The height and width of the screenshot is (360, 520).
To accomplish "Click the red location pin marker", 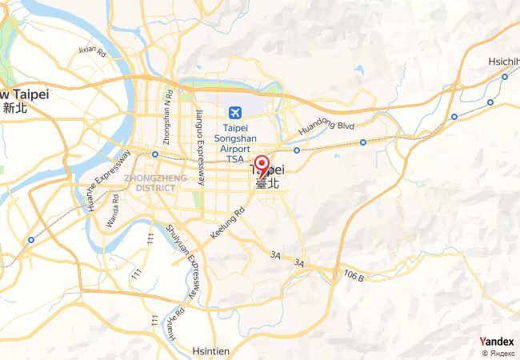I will [262, 165].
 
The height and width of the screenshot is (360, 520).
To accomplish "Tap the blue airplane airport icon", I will [235, 112].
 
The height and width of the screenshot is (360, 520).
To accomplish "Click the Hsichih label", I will [504, 61].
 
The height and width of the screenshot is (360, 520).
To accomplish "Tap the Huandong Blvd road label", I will [326, 126].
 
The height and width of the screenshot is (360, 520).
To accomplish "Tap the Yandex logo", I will [497, 342].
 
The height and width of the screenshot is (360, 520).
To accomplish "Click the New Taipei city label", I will [24, 94].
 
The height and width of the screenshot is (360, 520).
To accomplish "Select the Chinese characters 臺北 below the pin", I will [267, 183].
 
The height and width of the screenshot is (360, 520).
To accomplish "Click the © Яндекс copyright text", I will [498, 353].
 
